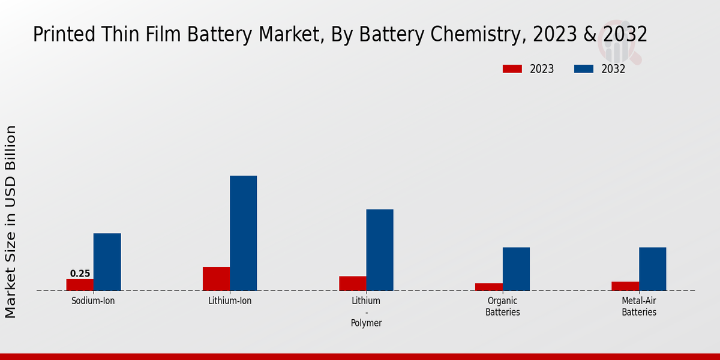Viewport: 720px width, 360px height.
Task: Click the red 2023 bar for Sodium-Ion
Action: pyautogui.click(x=80, y=285)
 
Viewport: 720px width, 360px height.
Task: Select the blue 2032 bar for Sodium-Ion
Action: pyautogui.click(x=107, y=262)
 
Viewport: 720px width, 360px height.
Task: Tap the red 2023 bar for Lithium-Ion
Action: pyautogui.click(x=216, y=279)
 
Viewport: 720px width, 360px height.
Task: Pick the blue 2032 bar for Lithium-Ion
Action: pyautogui.click(x=243, y=233)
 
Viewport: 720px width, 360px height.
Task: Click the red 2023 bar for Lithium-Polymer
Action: pyautogui.click(x=352, y=284)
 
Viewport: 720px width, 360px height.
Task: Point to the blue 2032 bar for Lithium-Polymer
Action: pyautogui.click(x=380, y=250)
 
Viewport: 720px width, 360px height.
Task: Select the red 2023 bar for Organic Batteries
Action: pyautogui.click(x=488, y=287)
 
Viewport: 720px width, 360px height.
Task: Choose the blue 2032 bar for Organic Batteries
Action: pyautogui.click(x=516, y=269)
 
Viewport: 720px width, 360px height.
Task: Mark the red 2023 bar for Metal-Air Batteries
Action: pyautogui.click(x=625, y=286)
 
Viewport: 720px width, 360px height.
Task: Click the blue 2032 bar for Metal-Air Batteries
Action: pyautogui.click(x=652, y=269)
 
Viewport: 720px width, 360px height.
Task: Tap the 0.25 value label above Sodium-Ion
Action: pyautogui.click(x=80, y=274)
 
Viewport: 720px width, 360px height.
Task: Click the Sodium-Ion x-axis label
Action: pyautogui.click(x=93, y=301)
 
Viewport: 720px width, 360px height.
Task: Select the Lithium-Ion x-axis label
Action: pyautogui.click(x=230, y=301)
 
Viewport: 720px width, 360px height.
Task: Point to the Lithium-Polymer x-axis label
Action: pyautogui.click(x=366, y=312)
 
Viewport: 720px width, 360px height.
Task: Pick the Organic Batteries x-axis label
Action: pyautogui.click(x=503, y=307)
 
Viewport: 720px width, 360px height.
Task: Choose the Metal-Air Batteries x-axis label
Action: pyautogui.click(x=639, y=307)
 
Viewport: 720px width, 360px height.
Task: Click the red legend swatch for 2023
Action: pyautogui.click(x=512, y=69)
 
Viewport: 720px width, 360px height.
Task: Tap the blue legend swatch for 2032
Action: pyautogui.click(x=583, y=69)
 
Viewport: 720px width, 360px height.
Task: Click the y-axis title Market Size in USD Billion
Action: pyautogui.click(x=11, y=221)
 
